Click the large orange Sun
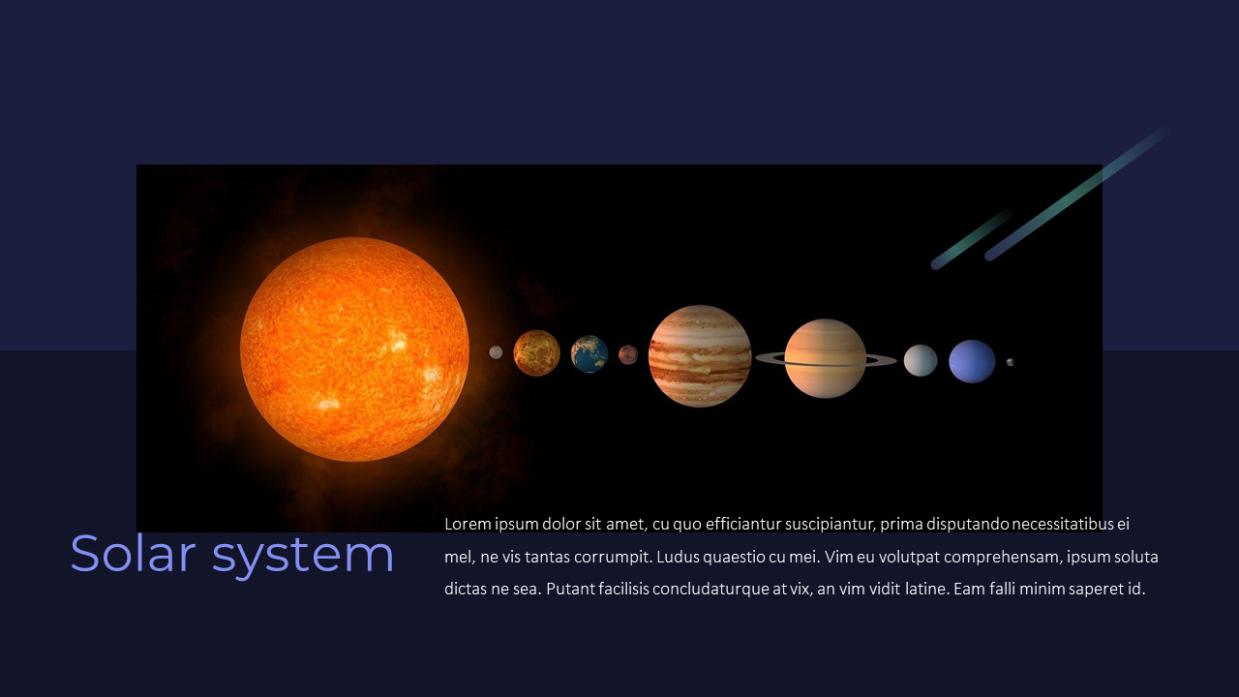point(354,349)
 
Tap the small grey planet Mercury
point(496,352)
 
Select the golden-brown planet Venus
point(536,352)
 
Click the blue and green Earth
point(589,354)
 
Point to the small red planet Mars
point(628,355)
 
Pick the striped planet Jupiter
point(700,355)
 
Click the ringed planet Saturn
point(826,358)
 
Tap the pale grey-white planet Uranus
point(921,360)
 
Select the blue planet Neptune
point(972,361)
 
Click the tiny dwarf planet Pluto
point(1011,362)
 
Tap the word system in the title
point(303,556)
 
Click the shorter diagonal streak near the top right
point(971,239)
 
